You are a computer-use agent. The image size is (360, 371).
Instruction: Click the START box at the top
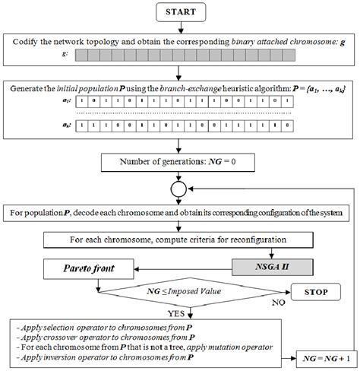point(178,11)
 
